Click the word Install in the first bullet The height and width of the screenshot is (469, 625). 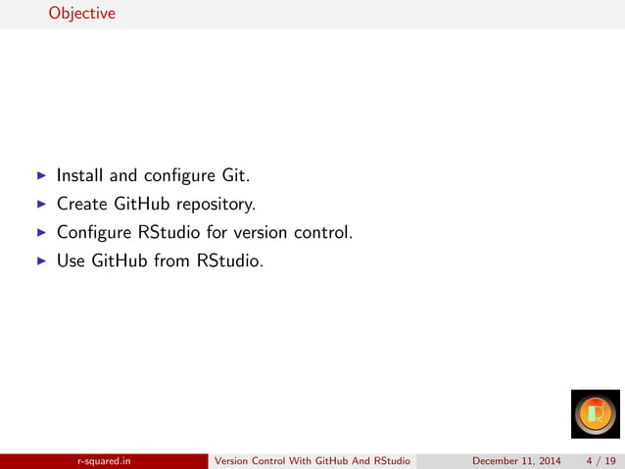point(80,176)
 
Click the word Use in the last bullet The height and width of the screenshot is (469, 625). point(72,261)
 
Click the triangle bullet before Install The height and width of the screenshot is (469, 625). point(41,176)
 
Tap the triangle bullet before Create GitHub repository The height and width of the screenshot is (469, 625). point(41,205)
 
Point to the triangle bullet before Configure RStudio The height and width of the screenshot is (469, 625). point(41,233)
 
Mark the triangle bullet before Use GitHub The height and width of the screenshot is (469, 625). point(41,261)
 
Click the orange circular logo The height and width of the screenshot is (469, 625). point(596,414)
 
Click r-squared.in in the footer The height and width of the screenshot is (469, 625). point(105,460)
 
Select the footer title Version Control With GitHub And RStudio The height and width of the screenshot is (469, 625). point(312,460)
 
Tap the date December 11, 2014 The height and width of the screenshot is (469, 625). point(516,460)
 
